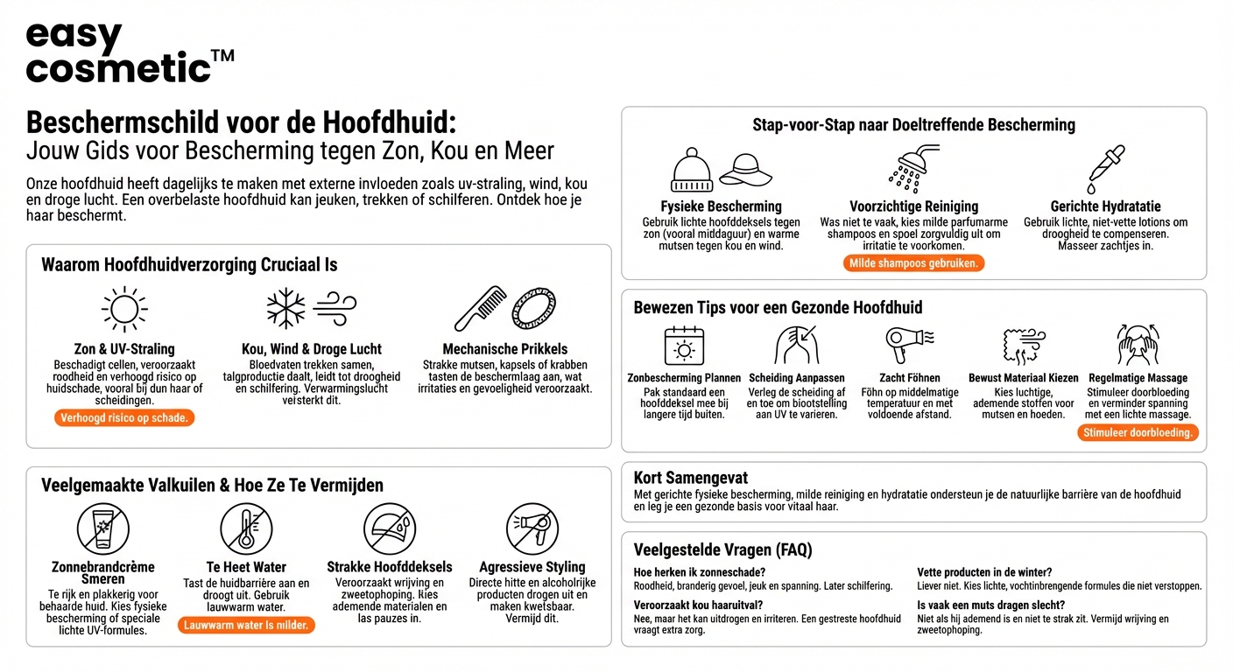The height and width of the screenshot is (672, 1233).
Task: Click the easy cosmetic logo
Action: coord(130,52)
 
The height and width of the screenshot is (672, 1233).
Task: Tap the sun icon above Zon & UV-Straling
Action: coord(124,309)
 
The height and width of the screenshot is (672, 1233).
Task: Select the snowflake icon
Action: coord(286,309)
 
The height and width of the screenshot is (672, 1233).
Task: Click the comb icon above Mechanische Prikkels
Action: coord(480,309)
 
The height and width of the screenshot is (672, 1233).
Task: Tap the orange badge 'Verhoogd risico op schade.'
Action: coord(124,418)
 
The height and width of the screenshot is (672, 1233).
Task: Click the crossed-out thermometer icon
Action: coord(246,528)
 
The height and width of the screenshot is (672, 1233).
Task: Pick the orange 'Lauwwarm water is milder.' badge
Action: coord(246,626)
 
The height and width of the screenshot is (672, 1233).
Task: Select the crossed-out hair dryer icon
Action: coord(532,528)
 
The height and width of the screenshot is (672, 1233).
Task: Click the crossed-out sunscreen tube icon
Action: coord(103,528)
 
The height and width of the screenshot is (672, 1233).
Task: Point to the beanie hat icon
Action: coord(692,170)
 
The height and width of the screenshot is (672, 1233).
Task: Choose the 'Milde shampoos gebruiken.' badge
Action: coord(914,263)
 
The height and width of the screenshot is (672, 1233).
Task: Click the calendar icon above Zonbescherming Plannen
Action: coord(684,346)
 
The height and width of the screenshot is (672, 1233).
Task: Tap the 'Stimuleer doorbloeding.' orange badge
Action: coord(1138,432)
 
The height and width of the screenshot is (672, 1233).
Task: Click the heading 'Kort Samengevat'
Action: coord(691,478)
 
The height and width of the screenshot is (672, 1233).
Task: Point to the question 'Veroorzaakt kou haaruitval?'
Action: coord(698,605)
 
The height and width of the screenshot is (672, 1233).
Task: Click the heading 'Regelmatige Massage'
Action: coord(1138,378)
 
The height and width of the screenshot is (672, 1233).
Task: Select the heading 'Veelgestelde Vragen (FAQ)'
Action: coord(722,549)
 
